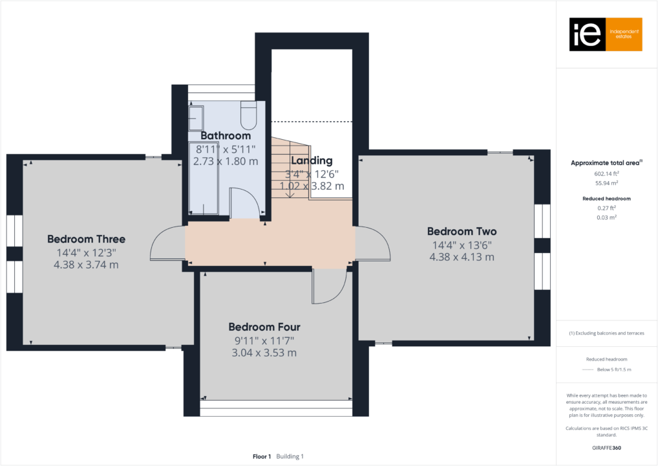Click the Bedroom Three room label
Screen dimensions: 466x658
click(86, 239)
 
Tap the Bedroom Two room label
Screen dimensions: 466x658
click(462, 231)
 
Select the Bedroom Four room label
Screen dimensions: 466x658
click(264, 327)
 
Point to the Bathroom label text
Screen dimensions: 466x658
click(225, 136)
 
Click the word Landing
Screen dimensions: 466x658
click(312, 161)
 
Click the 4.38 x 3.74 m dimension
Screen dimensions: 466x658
click(86, 265)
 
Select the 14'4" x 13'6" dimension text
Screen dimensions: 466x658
click(462, 245)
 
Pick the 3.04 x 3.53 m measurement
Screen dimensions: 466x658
click(264, 353)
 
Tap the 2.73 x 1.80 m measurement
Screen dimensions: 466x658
click(225, 161)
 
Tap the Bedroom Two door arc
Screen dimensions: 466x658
click(372, 245)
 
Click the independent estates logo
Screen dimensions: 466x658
click(605, 34)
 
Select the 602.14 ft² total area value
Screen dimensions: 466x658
click(606, 174)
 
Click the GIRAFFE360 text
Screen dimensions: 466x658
click(606, 447)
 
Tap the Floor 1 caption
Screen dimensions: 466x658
click(262, 456)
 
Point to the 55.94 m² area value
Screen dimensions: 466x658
click(606, 184)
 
